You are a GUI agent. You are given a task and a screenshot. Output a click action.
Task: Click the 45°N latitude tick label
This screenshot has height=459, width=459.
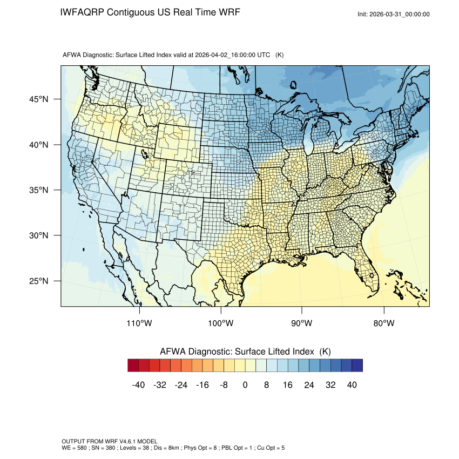38,99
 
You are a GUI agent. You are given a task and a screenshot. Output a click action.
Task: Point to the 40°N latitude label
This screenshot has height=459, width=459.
38,145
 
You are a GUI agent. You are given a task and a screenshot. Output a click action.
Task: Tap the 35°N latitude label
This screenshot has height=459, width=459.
38,190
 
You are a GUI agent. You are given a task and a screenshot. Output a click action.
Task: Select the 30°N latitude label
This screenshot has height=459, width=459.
38,235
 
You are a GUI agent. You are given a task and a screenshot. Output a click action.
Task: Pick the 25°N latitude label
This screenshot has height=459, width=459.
38,281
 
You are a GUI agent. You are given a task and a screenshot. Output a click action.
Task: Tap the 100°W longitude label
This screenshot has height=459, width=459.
221,323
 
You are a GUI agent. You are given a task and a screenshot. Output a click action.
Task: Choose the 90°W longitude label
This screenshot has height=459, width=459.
302,323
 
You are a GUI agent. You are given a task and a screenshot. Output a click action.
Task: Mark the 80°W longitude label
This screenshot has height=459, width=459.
383,323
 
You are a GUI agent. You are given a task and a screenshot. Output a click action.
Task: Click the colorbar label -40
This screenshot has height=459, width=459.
138,384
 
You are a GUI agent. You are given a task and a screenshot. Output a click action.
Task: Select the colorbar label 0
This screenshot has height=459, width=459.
245,384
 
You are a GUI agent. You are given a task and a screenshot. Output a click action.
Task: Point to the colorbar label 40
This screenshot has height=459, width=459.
352,384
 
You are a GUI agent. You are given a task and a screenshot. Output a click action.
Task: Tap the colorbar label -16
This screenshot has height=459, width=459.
202,384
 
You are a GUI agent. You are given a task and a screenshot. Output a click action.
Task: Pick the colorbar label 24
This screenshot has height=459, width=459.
309,384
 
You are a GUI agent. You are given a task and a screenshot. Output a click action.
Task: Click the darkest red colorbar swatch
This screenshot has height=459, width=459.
133,366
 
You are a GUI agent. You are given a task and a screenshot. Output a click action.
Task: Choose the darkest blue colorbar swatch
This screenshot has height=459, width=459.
357,366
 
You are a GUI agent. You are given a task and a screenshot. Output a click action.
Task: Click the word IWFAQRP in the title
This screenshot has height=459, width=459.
82,12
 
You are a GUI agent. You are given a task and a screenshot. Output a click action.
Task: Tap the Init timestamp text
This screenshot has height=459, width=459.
394,14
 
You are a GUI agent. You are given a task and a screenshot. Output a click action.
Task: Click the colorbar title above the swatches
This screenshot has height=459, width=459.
245,351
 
